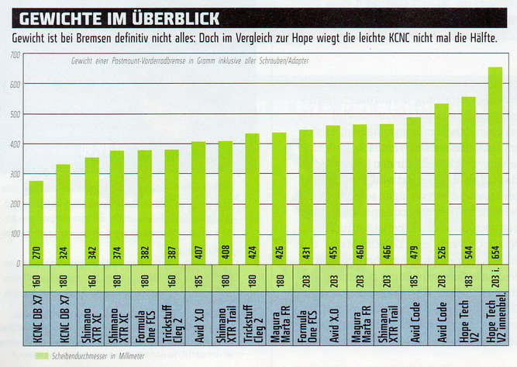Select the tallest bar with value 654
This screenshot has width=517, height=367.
point(495,163)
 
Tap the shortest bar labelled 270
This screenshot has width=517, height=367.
point(36,221)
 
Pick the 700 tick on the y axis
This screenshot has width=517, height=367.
point(16,55)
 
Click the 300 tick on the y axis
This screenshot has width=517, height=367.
point(16,174)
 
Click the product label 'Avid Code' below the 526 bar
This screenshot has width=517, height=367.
point(441,318)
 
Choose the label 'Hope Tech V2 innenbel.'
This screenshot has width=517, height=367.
point(495,318)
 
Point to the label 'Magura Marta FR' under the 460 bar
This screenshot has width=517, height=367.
point(360,318)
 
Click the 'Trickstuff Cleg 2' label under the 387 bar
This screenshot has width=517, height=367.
point(171,318)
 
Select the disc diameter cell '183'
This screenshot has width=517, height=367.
point(468,277)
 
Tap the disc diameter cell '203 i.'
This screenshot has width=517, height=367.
point(495,277)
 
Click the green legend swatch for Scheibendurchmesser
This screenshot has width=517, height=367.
point(30,355)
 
